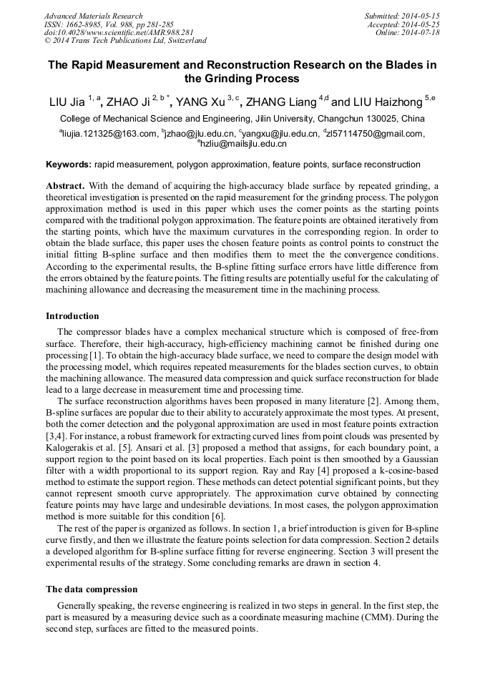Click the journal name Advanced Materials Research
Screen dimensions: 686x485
click(x=93, y=16)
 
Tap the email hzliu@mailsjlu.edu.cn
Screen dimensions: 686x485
click(x=243, y=144)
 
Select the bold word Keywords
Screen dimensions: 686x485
click(x=68, y=165)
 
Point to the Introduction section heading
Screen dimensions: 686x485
click(x=72, y=315)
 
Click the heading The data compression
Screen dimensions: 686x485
click(x=92, y=589)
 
